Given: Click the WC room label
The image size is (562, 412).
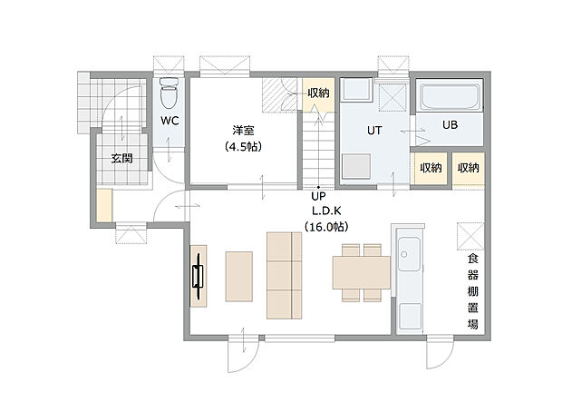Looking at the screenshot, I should [169, 121].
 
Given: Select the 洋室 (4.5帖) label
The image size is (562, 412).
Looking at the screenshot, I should [243, 138].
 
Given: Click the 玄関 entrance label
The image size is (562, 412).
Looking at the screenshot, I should [121, 158].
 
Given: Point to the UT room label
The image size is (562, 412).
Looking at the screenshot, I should [374, 131].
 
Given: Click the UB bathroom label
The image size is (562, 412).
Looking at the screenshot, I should [450, 125].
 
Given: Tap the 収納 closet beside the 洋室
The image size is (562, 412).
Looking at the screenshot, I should [316, 93].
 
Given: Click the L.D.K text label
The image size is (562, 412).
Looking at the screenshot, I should [318, 211].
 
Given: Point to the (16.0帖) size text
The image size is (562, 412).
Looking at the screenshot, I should [318, 226].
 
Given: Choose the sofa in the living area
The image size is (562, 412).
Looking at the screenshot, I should [284, 275].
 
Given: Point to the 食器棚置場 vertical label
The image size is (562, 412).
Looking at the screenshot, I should [472, 291].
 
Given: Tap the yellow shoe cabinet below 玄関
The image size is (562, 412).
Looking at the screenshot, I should [105, 205].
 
